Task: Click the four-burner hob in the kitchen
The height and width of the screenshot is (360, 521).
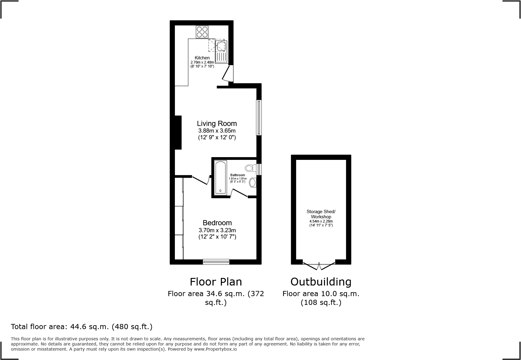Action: (202, 32)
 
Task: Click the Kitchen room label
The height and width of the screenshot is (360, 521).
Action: (202, 58)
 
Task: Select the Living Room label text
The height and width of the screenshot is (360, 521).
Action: (217, 124)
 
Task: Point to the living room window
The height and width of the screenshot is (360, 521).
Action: (259, 117)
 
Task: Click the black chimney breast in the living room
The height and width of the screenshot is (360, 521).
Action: (178, 132)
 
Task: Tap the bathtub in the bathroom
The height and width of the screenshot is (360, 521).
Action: (220, 177)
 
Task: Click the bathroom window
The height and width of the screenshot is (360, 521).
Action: (259, 169)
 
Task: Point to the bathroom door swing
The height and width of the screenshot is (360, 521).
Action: (239, 193)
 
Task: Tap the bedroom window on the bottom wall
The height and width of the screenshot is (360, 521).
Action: (216, 262)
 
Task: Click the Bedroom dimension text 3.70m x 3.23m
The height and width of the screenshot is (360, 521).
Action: (217, 230)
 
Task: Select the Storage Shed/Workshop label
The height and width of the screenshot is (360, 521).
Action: (321, 214)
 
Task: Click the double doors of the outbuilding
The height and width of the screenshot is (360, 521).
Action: (319, 266)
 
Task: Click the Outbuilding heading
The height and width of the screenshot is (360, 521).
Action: (321, 282)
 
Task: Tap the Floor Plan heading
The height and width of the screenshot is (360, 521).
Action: (216, 282)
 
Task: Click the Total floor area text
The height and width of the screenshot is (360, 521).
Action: (82, 327)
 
